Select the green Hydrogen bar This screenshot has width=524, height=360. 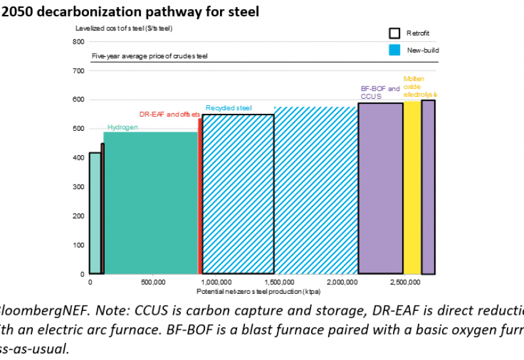(150, 203)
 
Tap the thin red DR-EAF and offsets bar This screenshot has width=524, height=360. (200, 196)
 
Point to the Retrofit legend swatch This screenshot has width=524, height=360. (394, 33)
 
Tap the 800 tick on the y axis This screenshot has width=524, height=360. (79, 42)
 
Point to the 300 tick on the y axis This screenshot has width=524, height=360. (79, 187)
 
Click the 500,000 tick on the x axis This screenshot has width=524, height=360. (152, 282)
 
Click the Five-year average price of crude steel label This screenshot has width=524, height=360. (149, 57)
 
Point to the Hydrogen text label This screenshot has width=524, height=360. (122, 127)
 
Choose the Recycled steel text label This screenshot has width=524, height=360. (229, 108)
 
